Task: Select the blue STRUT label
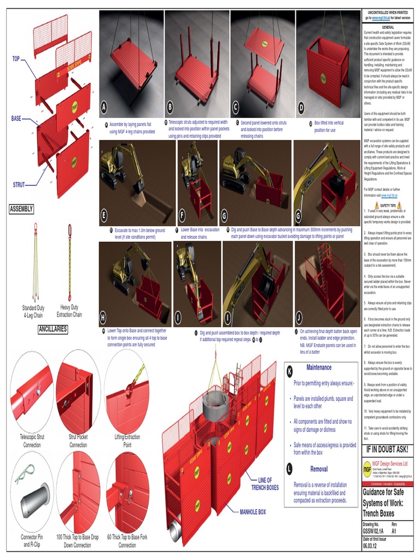pos(19,185)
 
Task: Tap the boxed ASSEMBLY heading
pos(22,209)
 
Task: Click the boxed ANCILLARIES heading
pos(53,329)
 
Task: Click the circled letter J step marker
pos(299,317)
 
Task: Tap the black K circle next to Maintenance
pos(289,372)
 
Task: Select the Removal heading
pos(319,469)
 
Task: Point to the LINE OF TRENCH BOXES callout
pos(265,483)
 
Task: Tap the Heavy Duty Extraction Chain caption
pos(69,311)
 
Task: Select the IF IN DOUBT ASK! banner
pos(387,450)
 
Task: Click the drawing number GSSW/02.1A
pos(374,530)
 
